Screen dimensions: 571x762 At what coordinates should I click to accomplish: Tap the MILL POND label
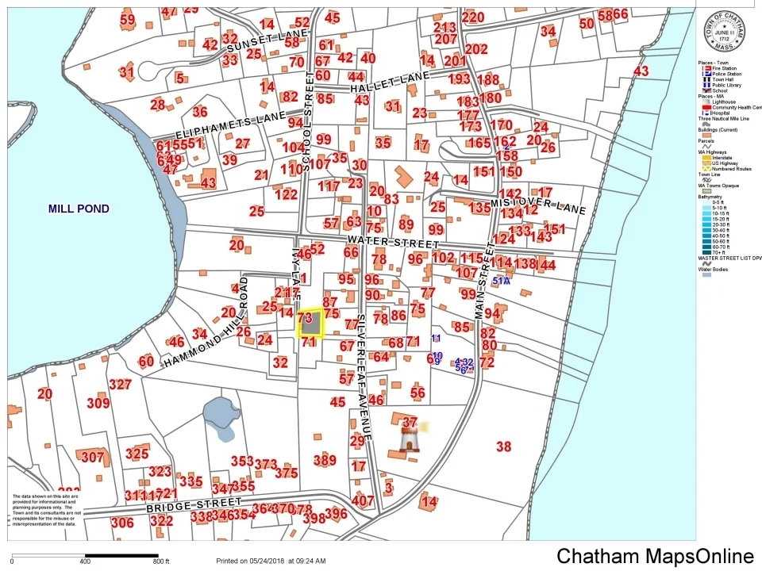tap(79, 209)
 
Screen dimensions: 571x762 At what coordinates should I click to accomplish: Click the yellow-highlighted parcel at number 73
tap(310, 324)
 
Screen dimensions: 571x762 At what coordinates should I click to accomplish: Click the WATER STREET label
tap(393, 241)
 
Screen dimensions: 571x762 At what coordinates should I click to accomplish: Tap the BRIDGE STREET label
tap(193, 505)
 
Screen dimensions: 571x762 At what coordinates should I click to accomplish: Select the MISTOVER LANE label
tap(537, 205)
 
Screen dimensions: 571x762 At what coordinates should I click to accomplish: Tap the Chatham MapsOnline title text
tap(655, 556)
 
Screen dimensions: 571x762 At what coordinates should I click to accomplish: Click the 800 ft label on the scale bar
tap(160, 561)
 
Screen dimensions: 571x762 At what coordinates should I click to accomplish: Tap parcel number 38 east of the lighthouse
tap(503, 446)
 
